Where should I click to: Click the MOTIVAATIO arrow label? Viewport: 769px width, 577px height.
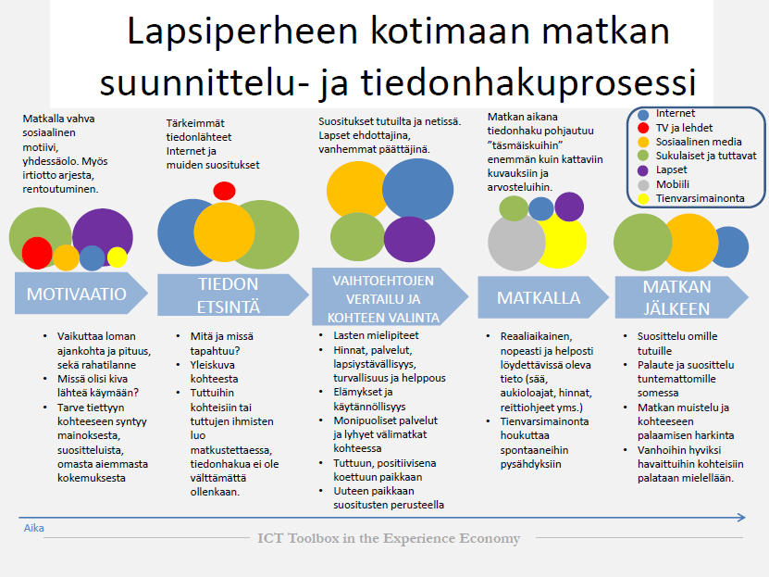click(x=77, y=294)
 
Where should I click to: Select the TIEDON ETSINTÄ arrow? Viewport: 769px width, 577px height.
click(x=233, y=295)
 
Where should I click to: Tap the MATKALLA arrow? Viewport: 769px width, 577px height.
click(x=543, y=297)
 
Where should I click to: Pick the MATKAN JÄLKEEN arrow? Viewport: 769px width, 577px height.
click(x=681, y=297)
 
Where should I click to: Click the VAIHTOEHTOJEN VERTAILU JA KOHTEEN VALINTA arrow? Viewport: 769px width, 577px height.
click(x=390, y=296)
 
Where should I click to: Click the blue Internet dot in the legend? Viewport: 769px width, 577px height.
click(x=643, y=114)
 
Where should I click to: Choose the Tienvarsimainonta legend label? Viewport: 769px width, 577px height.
click(x=701, y=198)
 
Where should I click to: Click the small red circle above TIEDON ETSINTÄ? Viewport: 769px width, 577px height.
click(x=224, y=191)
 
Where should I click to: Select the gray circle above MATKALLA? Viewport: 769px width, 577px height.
click(x=516, y=243)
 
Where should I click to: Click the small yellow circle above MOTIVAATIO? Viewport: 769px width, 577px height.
click(x=118, y=257)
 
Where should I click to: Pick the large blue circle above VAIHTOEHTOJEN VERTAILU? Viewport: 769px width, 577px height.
click(x=418, y=189)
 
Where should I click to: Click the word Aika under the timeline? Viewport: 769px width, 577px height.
click(x=34, y=528)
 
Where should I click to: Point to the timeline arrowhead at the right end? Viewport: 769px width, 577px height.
click(x=745, y=517)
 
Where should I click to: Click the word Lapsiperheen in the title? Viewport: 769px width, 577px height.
click(x=242, y=31)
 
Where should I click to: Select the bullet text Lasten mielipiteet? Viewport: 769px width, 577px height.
click(x=376, y=335)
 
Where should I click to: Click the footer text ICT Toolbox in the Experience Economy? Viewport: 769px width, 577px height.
click(x=389, y=538)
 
